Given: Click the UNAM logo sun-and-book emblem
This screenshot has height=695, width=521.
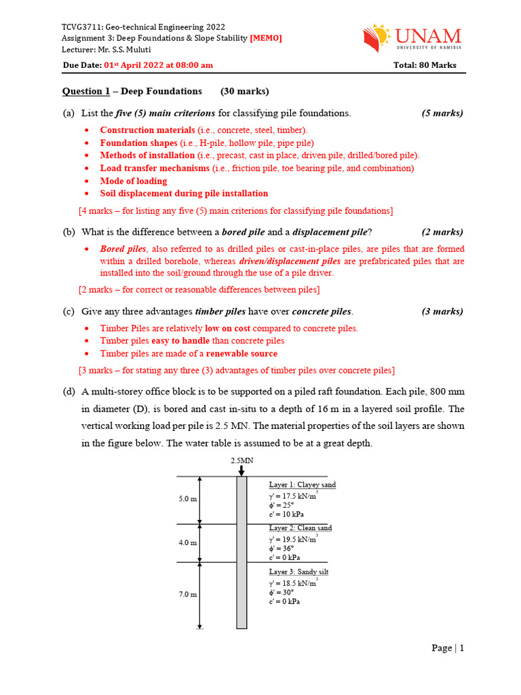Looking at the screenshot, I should click(377, 39).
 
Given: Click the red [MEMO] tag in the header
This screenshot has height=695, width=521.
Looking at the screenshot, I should click(266, 38).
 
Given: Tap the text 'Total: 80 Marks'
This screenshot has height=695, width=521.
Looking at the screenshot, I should click(425, 65).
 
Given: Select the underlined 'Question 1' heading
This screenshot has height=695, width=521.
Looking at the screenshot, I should click(85, 91).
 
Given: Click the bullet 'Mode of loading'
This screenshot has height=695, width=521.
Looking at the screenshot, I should click(133, 181).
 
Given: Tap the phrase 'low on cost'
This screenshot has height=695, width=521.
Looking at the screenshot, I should click(235, 328).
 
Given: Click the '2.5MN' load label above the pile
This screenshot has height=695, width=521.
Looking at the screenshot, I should click(242, 460).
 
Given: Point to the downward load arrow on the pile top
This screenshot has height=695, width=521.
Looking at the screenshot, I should click(242, 471).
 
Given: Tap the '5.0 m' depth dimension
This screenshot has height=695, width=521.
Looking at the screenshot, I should click(188, 499).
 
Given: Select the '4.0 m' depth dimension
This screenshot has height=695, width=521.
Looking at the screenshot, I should click(188, 543).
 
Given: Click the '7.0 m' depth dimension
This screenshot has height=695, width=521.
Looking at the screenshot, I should click(188, 595).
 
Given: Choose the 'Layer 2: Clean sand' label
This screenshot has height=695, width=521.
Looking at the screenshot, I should click(301, 528).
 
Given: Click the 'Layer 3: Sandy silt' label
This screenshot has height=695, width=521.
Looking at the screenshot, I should click(298, 572).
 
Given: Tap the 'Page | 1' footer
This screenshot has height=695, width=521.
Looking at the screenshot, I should click(447, 648).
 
